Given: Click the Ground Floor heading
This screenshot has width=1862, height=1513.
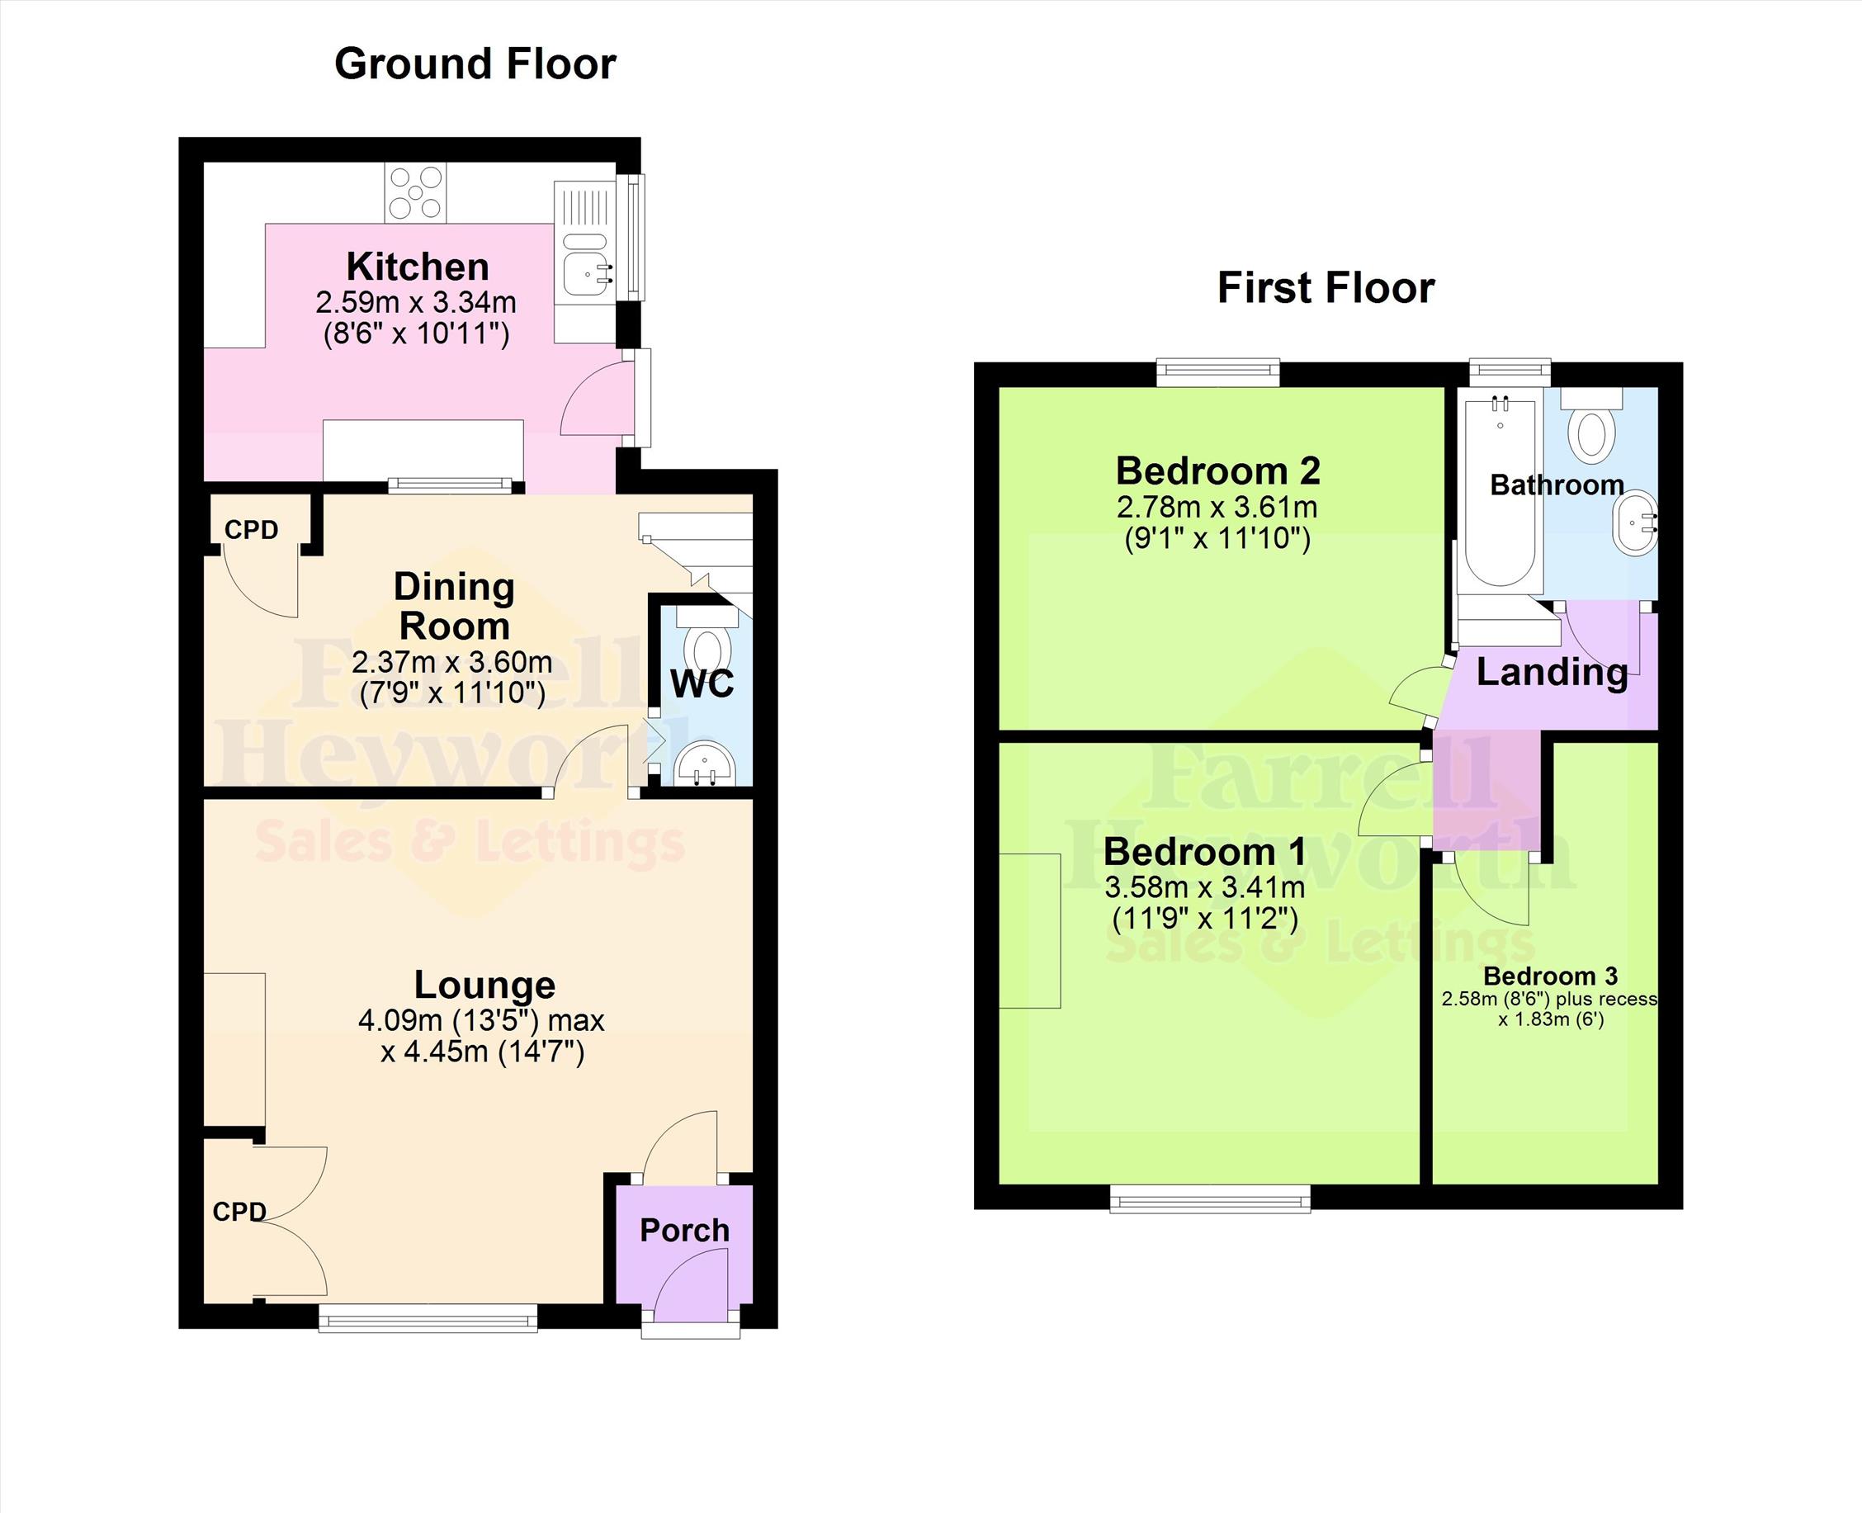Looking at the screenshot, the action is tap(475, 64).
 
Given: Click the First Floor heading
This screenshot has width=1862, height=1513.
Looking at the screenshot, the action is tap(1326, 288).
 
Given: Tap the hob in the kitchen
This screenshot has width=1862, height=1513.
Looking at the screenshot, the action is tap(416, 191).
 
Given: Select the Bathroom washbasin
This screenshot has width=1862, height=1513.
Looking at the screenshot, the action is tap(1634, 523).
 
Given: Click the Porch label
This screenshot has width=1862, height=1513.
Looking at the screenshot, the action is tap(685, 1230).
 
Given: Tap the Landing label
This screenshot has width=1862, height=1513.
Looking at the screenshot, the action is tap(1552, 672).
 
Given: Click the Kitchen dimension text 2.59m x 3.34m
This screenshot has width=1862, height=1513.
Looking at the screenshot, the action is tap(416, 302).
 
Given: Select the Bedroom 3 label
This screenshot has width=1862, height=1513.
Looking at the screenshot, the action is tap(1550, 976).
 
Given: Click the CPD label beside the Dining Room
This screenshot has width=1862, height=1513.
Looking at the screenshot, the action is tap(251, 530).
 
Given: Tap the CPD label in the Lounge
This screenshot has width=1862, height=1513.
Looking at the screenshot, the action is tap(239, 1212).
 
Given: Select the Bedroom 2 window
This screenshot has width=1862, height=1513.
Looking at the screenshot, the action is tap(1218, 373).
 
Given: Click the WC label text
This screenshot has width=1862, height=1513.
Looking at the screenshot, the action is tap(702, 684).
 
